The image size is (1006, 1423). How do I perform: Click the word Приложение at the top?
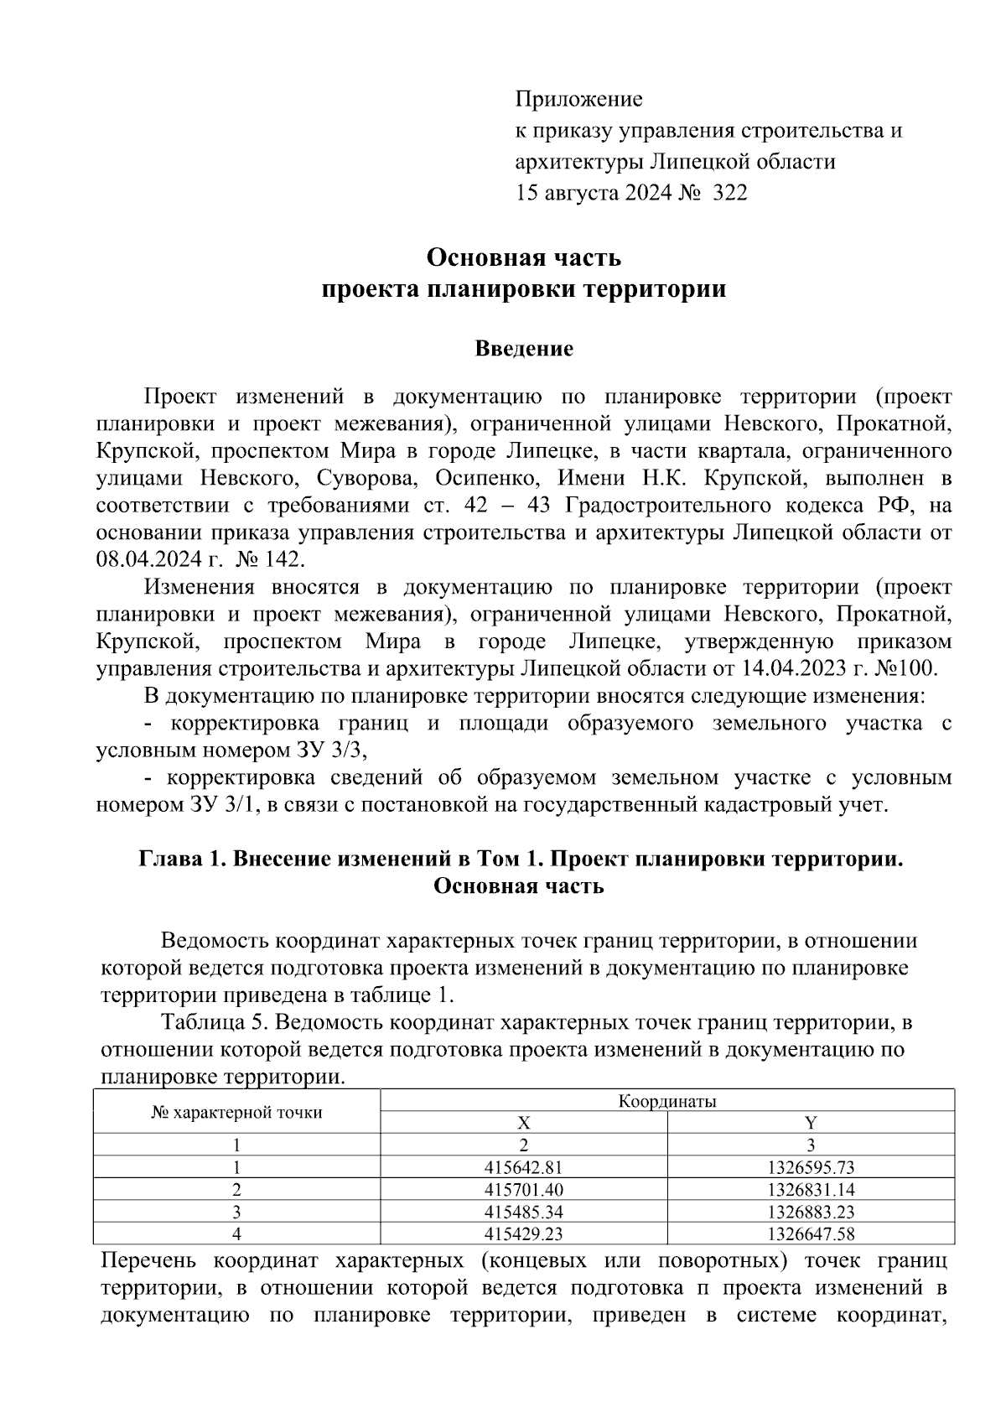point(578,100)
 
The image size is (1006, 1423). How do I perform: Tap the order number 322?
point(729,194)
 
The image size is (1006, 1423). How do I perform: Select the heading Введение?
point(524,349)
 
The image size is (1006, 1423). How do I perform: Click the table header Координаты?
point(667,1101)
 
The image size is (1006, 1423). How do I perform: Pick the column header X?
point(523,1123)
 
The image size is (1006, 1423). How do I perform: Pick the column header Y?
point(811,1123)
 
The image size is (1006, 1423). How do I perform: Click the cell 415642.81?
point(523,1167)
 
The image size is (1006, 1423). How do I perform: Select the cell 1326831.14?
point(811,1189)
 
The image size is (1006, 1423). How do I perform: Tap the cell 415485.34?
point(523,1212)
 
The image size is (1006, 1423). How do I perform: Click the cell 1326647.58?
point(811,1233)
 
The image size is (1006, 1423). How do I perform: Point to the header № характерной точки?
point(236,1113)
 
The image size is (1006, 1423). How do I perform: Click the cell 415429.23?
point(523,1233)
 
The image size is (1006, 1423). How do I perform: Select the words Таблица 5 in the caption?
point(215,1023)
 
